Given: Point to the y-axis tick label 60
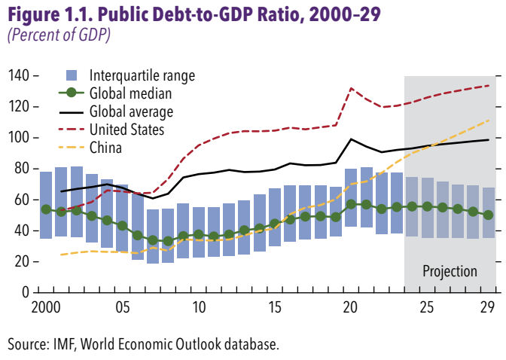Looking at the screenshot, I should (20, 199).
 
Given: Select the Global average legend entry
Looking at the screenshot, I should (131, 111).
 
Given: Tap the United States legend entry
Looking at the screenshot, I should (126, 130).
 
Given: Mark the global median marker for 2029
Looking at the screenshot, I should (489, 215).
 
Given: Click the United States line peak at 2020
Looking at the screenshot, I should (351, 88).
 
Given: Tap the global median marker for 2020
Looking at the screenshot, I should (351, 204).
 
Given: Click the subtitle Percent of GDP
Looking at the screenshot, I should (58, 35).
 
